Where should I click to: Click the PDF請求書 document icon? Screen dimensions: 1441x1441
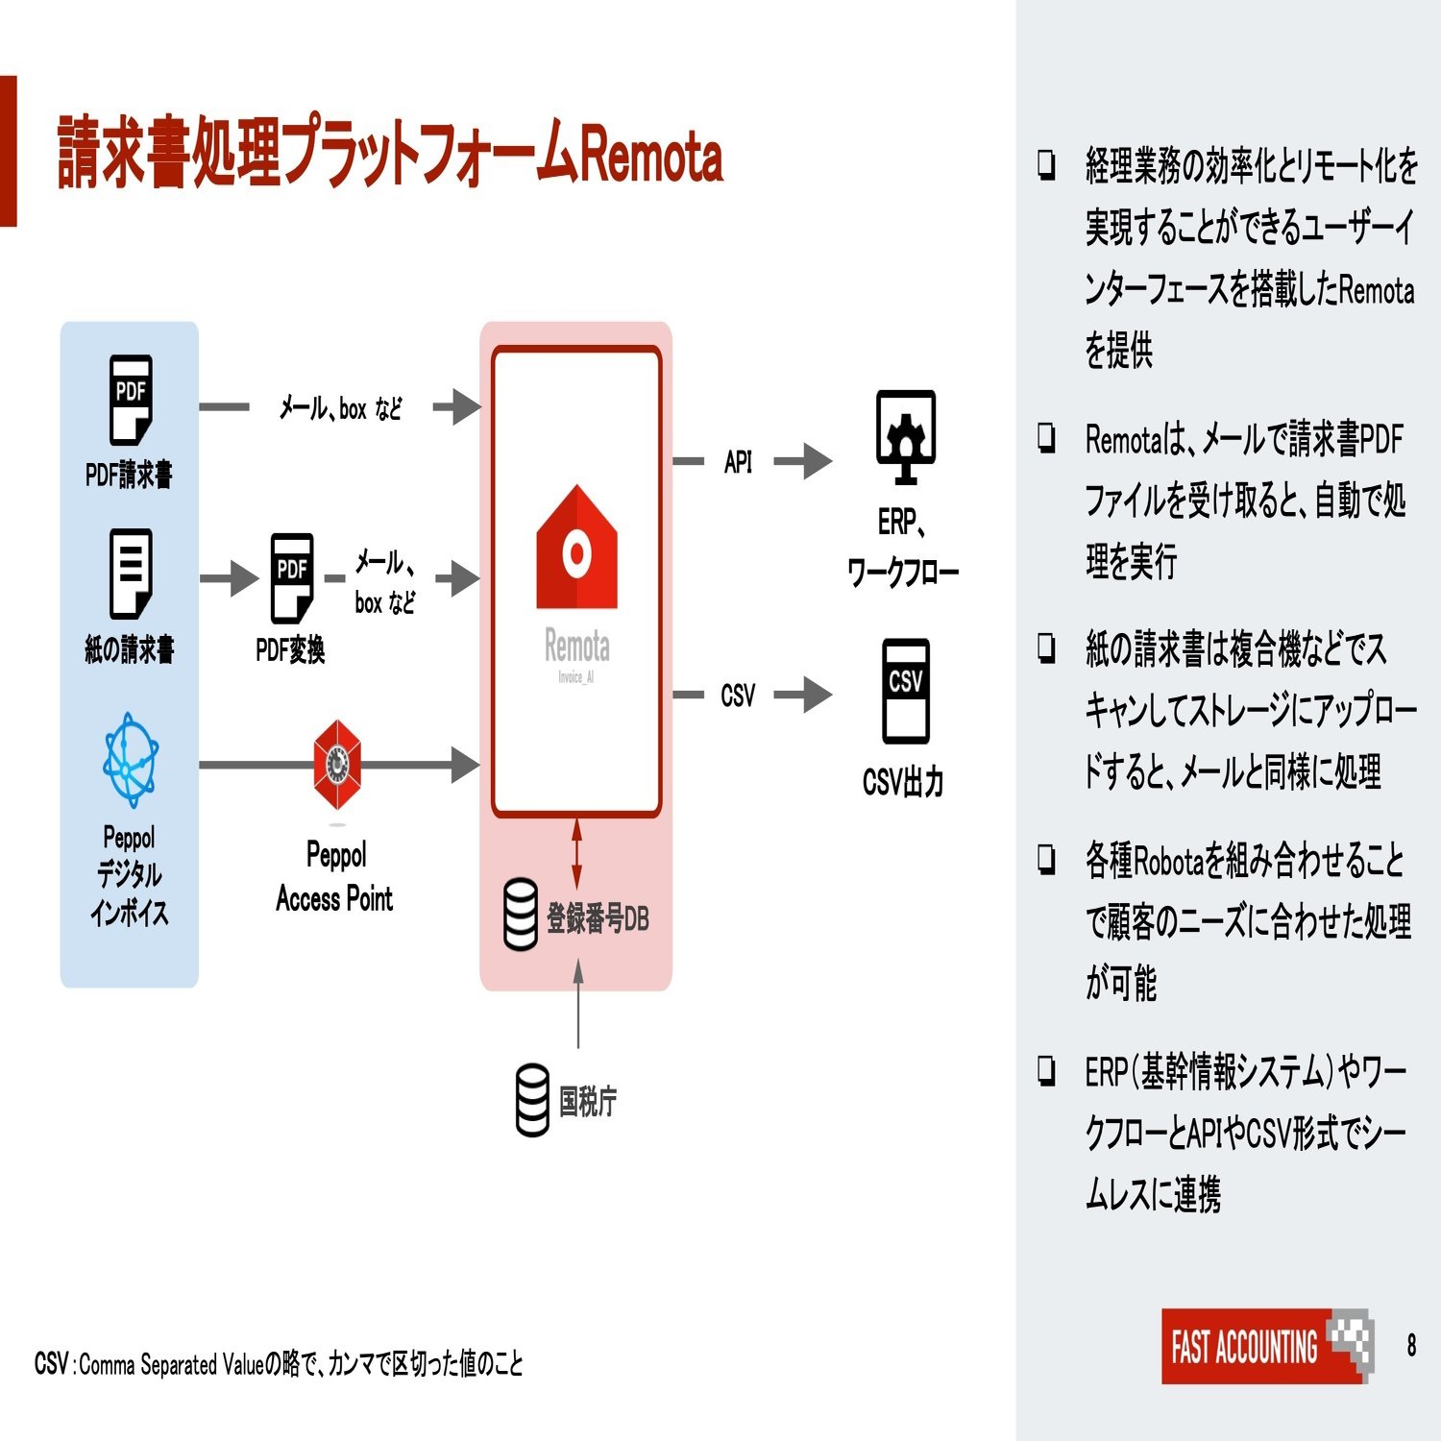coord(131,400)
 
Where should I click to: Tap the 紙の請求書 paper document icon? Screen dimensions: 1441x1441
coord(131,574)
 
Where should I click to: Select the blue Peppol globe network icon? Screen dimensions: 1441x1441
coord(131,759)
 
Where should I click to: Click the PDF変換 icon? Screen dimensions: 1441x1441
coord(292,578)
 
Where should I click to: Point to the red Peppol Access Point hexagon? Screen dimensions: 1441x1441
coord(336,766)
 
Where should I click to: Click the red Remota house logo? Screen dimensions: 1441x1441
coord(576,548)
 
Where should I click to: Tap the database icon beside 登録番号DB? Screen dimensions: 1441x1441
coord(521,915)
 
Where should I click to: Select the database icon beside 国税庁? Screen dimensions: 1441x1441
coord(533,1100)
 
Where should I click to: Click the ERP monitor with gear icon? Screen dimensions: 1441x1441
coord(905,437)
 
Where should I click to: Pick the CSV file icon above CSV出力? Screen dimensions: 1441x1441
coord(906,691)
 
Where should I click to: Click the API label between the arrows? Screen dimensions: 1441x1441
coord(738,462)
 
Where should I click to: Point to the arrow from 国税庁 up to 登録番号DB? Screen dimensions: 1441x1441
coord(578,1004)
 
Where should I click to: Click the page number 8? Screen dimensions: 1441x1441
coord(1411,1345)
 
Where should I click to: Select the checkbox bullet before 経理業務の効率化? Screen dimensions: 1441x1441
coord(1046,164)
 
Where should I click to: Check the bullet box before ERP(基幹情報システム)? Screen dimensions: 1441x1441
coord(1046,1070)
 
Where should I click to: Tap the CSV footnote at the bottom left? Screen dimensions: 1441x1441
coord(279,1363)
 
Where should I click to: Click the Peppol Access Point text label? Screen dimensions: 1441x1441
coord(335,876)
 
